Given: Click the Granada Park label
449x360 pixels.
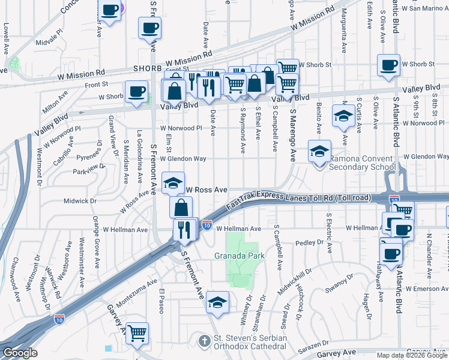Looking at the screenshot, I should (240, 255).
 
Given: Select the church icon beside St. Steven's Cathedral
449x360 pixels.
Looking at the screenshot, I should (205, 341).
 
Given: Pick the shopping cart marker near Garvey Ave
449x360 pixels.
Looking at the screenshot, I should (137, 332).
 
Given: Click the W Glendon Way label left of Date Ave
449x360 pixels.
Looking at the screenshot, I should (183, 158).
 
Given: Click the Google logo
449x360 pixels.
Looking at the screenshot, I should (19, 353).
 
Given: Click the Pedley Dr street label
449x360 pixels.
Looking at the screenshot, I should (310, 244).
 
